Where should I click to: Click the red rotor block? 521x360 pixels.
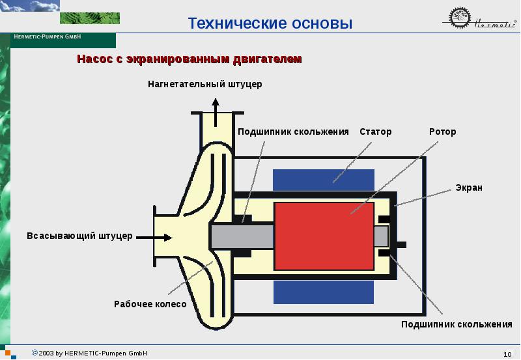coord(324,236)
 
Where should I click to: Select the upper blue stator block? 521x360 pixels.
coord(324,180)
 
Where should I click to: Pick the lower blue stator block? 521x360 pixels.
coord(324,292)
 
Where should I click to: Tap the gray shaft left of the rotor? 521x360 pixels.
coord(242,236)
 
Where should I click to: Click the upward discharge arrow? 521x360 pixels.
coord(216,112)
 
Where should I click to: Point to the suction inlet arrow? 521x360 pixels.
coord(154,238)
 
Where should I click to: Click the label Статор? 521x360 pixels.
coord(376,132)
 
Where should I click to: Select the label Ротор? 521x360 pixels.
coord(443,132)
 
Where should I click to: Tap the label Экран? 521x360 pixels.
coord(469,187)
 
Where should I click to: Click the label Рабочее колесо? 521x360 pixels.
coord(150,304)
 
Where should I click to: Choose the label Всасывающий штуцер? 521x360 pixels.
coord(79,236)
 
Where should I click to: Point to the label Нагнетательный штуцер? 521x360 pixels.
coord(205,84)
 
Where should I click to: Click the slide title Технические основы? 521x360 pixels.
coord(270,23)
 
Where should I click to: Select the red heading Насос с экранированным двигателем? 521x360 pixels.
coord(190,59)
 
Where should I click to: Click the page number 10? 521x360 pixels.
coord(507,354)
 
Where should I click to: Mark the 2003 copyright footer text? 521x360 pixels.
coord(89,353)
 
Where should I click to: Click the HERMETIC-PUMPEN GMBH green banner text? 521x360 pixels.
coord(48,36)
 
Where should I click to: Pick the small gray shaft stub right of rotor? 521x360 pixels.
coord(381,236)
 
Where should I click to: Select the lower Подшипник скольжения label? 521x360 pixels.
coord(457,324)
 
